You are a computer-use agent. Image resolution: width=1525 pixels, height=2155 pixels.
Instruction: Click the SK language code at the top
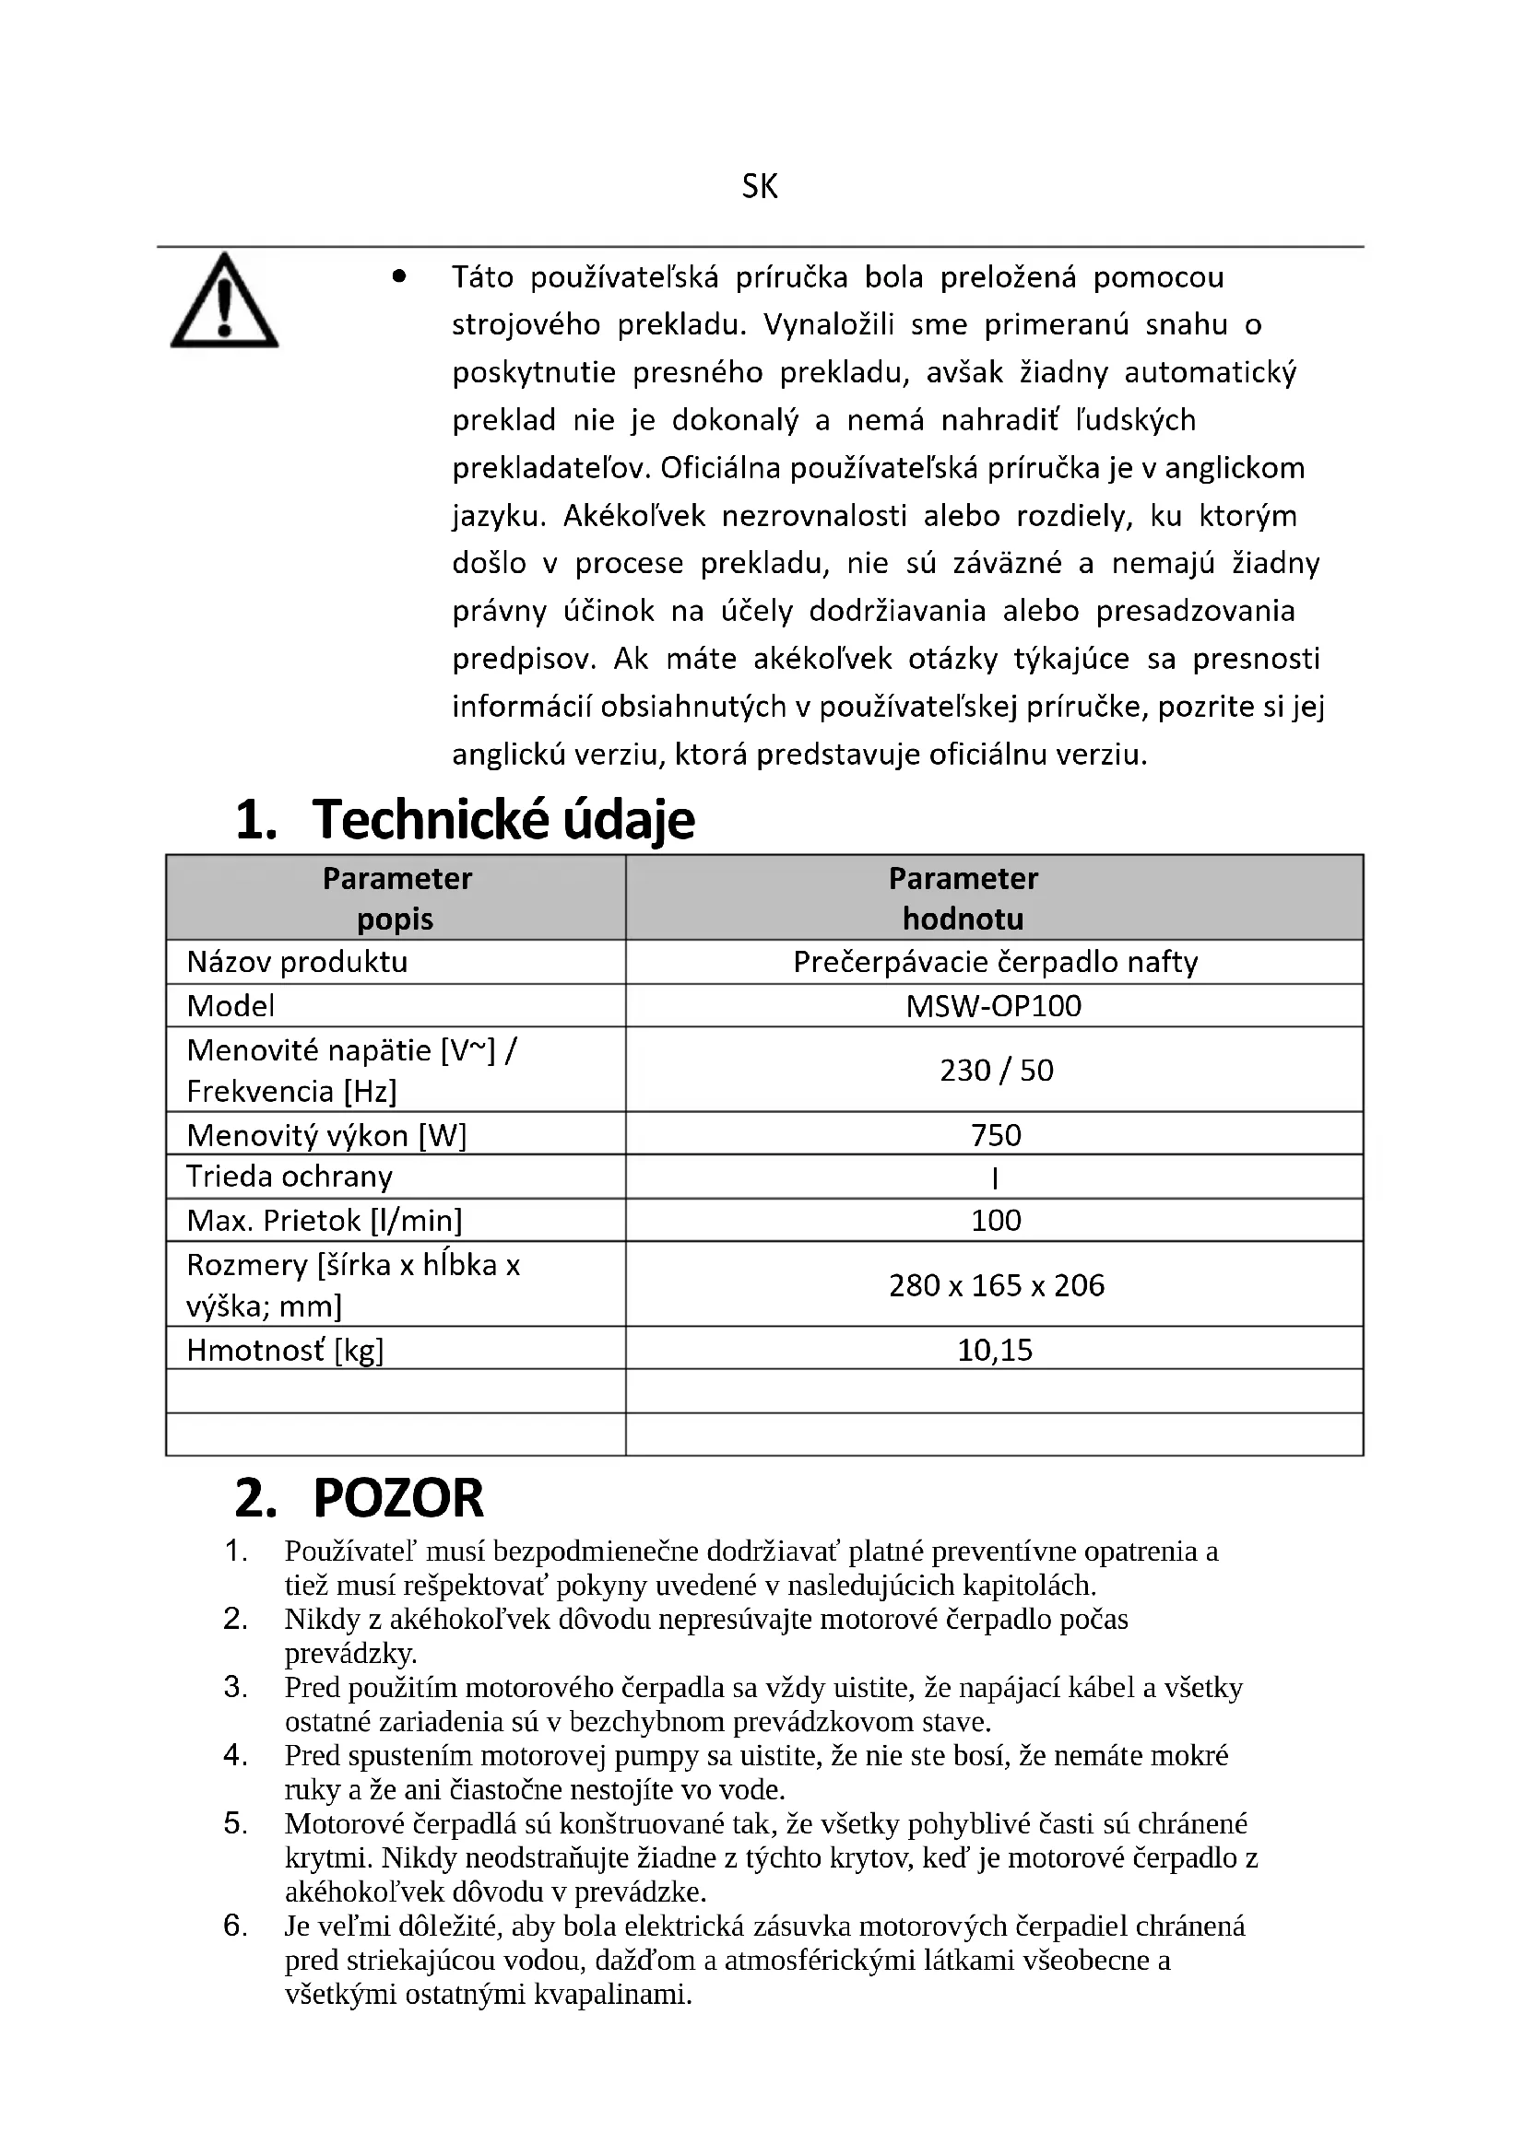pos(760,187)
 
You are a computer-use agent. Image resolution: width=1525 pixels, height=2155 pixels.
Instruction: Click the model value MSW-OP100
pos(994,1005)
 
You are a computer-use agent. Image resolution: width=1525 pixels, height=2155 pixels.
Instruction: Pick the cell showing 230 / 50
pos(996,1070)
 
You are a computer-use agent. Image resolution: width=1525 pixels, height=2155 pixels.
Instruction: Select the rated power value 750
pos(996,1135)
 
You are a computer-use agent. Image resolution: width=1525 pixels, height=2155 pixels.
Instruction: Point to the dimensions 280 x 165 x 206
pos(996,1285)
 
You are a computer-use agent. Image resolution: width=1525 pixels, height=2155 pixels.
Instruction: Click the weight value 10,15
pos(995,1350)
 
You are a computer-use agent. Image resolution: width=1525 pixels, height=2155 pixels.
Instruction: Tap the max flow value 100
pos(996,1220)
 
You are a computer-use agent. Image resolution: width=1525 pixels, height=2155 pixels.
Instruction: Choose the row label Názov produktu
pos(297,962)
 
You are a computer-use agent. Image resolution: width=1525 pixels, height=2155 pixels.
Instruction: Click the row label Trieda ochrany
pos(290,1177)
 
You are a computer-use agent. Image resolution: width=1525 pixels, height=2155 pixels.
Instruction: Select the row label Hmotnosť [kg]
pos(285,1350)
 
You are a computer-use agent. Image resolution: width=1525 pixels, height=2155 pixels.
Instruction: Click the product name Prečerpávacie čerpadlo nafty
pos(996,962)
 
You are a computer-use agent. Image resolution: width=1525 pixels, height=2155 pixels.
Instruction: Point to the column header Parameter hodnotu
pos(963,898)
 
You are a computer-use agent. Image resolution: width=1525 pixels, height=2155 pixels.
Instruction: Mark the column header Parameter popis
pos(396,898)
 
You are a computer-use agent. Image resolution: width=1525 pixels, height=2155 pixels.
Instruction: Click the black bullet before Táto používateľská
pos(400,277)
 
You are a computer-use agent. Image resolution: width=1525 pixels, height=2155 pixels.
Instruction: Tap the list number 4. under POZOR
pos(236,1755)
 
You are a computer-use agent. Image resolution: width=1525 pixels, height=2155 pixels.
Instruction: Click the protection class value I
pos(995,1178)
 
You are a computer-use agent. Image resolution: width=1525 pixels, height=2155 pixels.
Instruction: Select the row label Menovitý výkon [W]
pos(325,1136)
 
